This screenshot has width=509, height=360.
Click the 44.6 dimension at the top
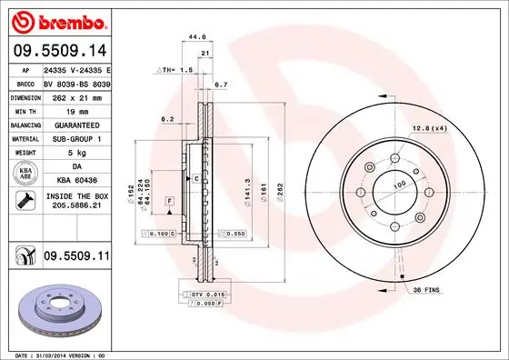point(194,38)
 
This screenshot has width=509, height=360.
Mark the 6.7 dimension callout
point(220,85)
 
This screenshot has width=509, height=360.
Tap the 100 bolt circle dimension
point(399,184)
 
